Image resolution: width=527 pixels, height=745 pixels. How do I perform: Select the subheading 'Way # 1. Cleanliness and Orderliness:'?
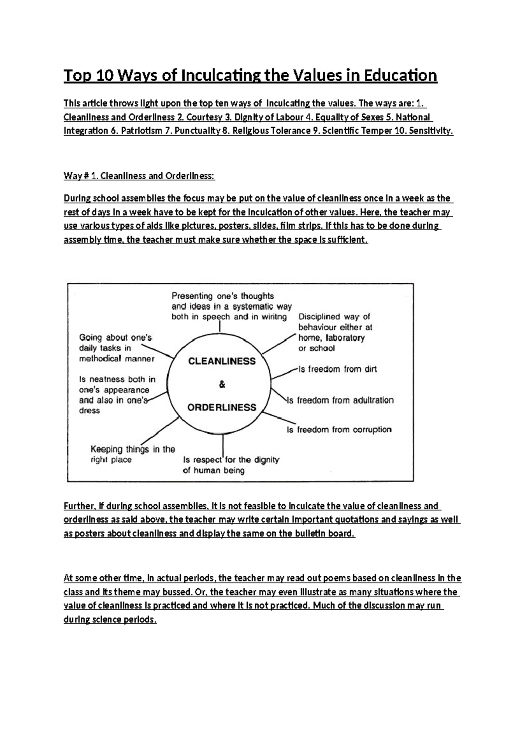(139, 176)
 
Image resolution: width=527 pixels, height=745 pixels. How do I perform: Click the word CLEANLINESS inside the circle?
(222, 361)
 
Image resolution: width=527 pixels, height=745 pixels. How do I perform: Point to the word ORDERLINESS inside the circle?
(222, 407)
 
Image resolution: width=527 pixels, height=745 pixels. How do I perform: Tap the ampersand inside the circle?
(222, 385)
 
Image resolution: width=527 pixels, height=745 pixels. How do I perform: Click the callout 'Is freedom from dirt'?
(337, 369)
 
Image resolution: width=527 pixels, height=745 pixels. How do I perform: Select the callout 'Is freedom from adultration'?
(340, 400)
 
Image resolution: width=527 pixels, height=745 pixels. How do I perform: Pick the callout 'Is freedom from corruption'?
(339, 430)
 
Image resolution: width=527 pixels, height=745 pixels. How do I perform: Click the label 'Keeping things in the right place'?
(132, 454)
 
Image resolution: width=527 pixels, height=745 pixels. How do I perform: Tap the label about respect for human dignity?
(231, 465)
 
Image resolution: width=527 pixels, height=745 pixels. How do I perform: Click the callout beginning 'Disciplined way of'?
(335, 332)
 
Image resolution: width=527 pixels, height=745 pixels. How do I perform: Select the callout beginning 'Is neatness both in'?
(117, 394)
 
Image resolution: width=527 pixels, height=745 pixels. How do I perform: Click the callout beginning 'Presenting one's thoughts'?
(231, 306)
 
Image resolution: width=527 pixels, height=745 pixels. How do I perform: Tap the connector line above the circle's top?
(220, 327)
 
